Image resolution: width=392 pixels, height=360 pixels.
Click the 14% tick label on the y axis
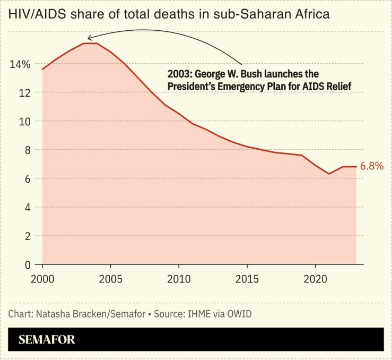pyautogui.click(x=19, y=64)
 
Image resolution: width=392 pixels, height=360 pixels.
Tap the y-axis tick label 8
pyautogui.click(x=27, y=150)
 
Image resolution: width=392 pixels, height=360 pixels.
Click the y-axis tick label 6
pyautogui.click(x=27, y=179)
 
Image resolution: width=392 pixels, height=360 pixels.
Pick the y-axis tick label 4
pyautogui.click(x=27, y=208)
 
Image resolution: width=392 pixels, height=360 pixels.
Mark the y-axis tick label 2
pyautogui.click(x=27, y=236)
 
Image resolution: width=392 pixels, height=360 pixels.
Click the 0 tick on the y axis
pyautogui.click(x=27, y=264)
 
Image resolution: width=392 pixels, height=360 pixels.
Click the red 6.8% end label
pyautogui.click(x=371, y=166)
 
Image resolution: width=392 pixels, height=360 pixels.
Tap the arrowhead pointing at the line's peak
pyautogui.click(x=90, y=38)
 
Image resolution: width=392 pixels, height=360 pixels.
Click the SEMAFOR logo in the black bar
pyautogui.click(x=47, y=340)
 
